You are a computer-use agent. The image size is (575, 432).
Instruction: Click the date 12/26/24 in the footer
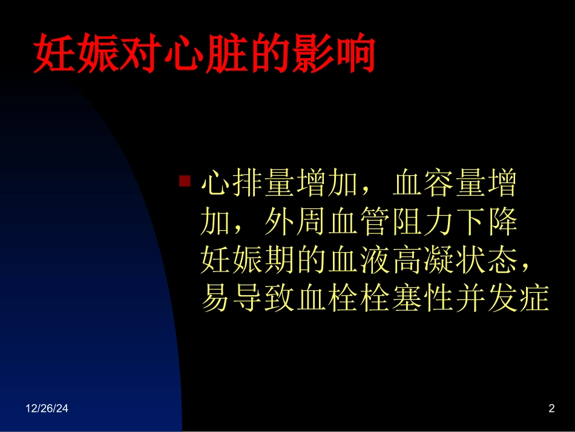pyautogui.click(x=47, y=410)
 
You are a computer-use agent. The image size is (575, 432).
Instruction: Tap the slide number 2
pyautogui.click(x=551, y=410)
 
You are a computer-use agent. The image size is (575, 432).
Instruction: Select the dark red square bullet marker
pyautogui.click(x=185, y=181)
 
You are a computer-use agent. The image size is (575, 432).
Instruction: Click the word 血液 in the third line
pyautogui.click(x=360, y=263)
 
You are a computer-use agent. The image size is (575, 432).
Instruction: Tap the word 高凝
pyautogui.click(x=422, y=263)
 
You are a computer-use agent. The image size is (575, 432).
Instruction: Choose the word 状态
pyautogui.click(x=486, y=263)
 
